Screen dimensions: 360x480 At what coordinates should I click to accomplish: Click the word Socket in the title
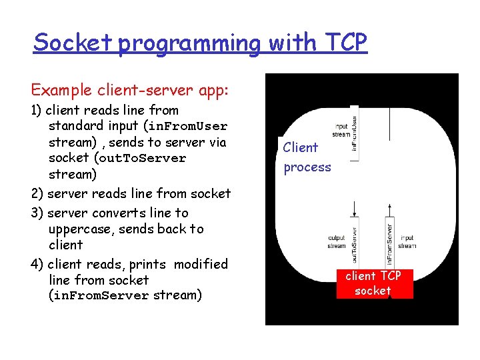pos(74,43)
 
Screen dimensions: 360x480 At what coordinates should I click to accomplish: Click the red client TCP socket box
pos(373,283)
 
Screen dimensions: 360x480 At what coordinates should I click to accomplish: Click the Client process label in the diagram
pos(307,157)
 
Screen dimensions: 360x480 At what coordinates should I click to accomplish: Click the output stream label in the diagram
pos(337,241)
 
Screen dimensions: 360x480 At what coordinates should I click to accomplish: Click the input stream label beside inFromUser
pos(341,129)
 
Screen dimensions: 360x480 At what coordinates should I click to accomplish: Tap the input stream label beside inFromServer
pos(407,241)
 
